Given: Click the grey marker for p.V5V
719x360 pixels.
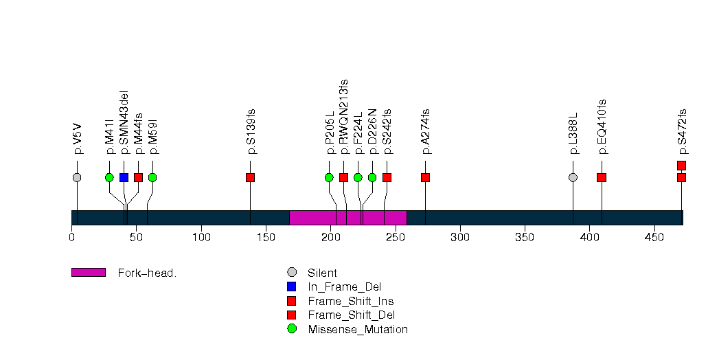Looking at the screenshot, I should (x=77, y=177).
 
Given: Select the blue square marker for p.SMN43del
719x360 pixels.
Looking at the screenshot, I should (x=124, y=177).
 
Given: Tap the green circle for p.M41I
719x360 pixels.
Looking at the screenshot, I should (x=109, y=177).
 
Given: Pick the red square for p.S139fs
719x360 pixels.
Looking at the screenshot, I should (x=250, y=177).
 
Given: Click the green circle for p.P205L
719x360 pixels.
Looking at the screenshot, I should (x=329, y=177).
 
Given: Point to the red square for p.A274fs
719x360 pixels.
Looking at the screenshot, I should (x=425, y=177).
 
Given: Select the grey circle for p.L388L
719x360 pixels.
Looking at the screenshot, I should (x=573, y=177).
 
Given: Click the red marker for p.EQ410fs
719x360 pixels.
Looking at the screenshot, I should (x=602, y=177).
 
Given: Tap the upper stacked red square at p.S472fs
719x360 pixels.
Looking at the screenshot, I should (x=681, y=165).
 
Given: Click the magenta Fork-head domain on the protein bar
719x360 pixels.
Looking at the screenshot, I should (x=348, y=218).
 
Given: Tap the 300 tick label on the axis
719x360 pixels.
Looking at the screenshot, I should (x=460, y=238).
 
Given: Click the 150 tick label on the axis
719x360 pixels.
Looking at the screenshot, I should (x=266, y=238).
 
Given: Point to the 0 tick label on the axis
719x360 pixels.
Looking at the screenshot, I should (x=71, y=238).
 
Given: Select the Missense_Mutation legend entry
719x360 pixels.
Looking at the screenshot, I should (x=357, y=329).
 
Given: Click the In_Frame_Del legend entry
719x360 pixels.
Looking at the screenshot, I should (x=344, y=286).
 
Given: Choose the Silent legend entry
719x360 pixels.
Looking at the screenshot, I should (x=322, y=273).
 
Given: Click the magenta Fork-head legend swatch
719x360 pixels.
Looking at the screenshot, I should (x=89, y=273).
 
